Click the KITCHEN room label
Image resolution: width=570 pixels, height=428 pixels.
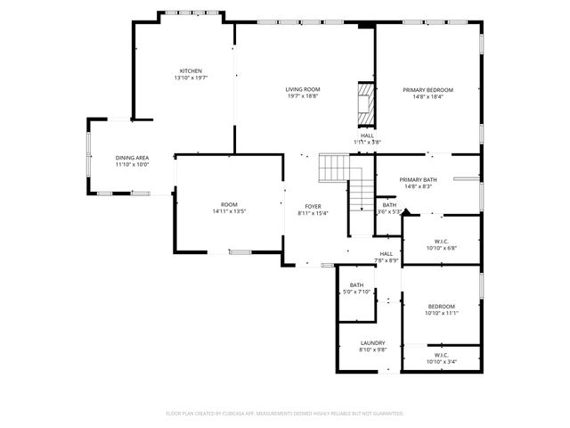191,71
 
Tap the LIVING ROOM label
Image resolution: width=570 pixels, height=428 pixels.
303,89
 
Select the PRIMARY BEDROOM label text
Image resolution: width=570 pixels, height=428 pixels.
427,89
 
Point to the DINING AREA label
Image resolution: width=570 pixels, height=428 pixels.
132,158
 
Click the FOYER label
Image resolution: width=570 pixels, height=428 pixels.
313,205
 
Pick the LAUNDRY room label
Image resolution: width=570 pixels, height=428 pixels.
372,342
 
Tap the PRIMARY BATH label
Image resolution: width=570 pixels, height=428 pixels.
417,179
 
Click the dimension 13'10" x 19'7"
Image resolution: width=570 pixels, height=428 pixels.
191,78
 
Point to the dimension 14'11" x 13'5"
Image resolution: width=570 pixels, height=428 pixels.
229,211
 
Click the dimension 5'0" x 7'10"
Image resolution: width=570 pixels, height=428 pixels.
356,292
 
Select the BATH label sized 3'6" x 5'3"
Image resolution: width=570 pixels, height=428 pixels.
389,204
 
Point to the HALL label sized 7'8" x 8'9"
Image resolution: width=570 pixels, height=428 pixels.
387,253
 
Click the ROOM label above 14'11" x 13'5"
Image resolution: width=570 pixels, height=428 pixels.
229,204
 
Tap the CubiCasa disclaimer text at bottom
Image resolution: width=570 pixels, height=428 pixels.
285,413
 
